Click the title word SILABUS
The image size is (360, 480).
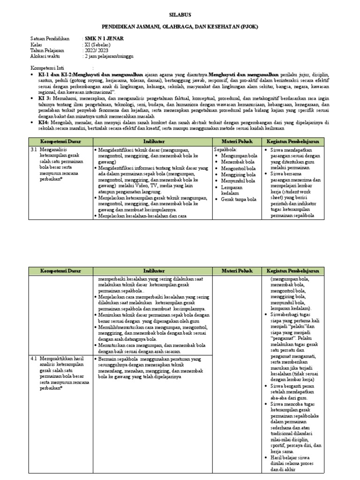pos(180,15)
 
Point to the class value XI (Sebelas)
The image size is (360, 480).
pos(98,45)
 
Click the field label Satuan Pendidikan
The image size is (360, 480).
pos(50,38)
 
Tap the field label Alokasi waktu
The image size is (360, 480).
pos(46,56)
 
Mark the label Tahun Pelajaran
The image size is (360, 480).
pos(47,50)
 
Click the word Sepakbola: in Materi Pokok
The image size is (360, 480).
pos(225,150)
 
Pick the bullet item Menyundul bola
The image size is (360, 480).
pos(238,180)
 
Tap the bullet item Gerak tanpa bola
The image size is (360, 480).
pos(239,199)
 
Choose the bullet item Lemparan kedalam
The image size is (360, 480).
pos(233,190)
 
